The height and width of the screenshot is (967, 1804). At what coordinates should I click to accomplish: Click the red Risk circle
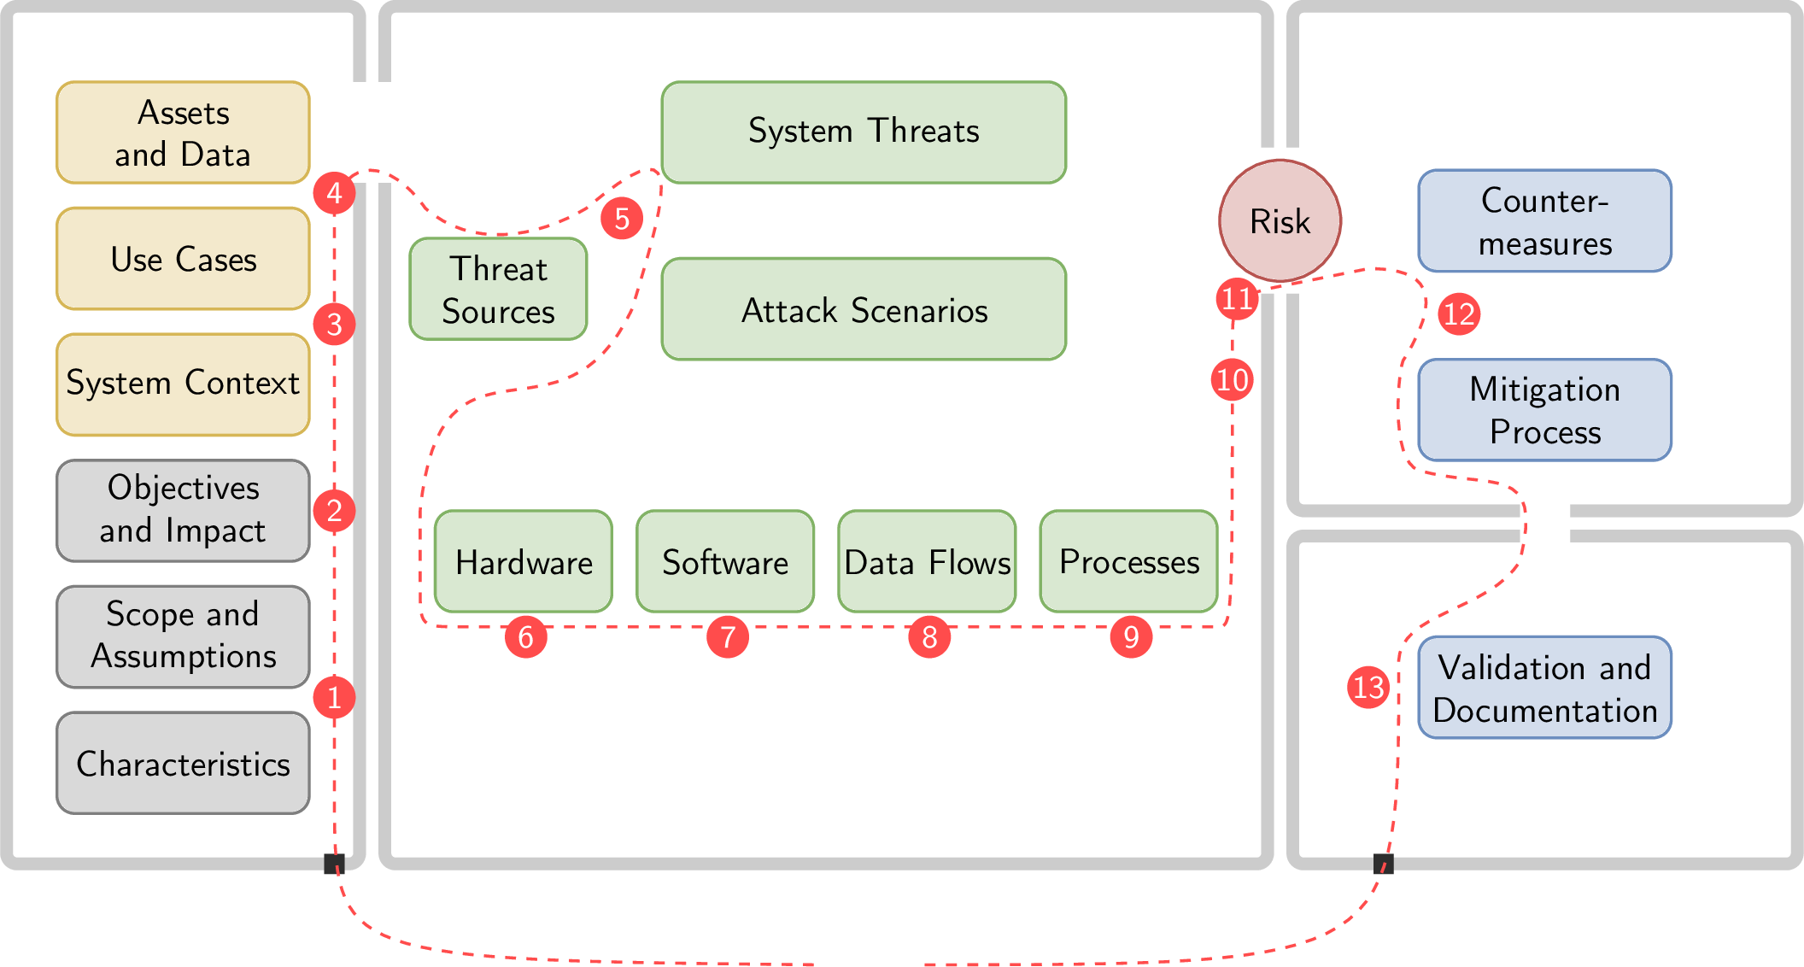[1280, 220]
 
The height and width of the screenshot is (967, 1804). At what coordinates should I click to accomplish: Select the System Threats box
[864, 132]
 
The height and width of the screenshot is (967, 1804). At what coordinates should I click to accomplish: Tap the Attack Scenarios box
[864, 310]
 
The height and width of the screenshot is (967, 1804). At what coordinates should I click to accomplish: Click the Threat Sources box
[498, 290]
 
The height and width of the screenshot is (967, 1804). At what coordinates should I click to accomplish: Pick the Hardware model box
[524, 562]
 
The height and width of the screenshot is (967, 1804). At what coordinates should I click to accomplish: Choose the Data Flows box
[927, 562]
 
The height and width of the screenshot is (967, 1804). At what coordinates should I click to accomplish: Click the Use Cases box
[183, 259]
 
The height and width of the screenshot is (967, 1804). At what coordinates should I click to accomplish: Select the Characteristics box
[183, 763]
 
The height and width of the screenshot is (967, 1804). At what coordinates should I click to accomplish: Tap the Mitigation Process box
[1544, 410]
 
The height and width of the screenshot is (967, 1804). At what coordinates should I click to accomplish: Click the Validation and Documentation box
[1544, 689]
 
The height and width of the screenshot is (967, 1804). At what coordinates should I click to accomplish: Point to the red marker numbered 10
[1232, 379]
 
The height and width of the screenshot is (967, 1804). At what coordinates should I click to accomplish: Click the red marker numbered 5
[622, 219]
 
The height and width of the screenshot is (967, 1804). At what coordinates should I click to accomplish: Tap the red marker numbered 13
[1368, 687]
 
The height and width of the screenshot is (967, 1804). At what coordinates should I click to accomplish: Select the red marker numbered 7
[728, 637]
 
